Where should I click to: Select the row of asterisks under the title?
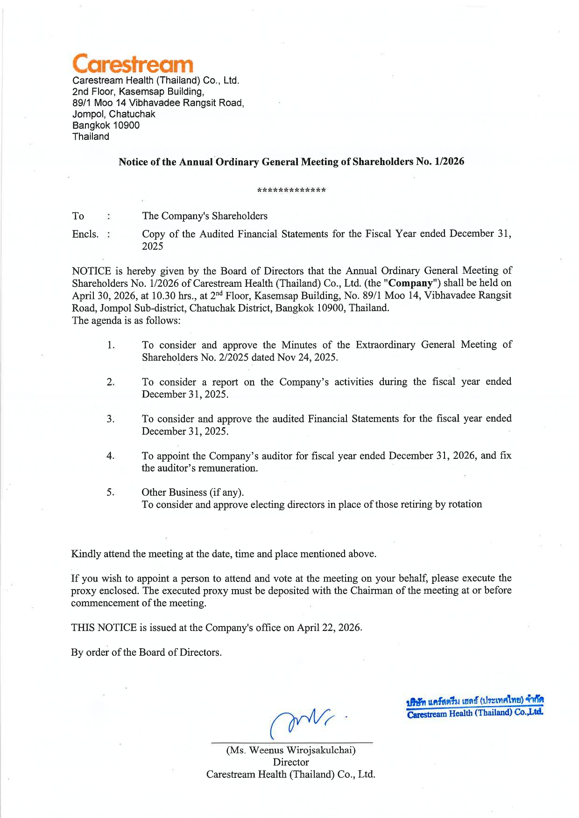point(291,190)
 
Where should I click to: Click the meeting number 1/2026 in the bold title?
point(449,161)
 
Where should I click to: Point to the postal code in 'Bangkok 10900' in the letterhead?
point(126,125)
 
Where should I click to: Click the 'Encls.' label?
point(85,234)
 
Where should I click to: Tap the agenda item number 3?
point(110,419)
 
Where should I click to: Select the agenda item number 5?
point(110,492)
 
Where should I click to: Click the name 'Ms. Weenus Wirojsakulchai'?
point(291,750)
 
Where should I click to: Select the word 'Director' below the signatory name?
point(291,762)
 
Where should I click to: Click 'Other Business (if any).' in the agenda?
point(193,492)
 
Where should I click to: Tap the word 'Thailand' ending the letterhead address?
point(91,137)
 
